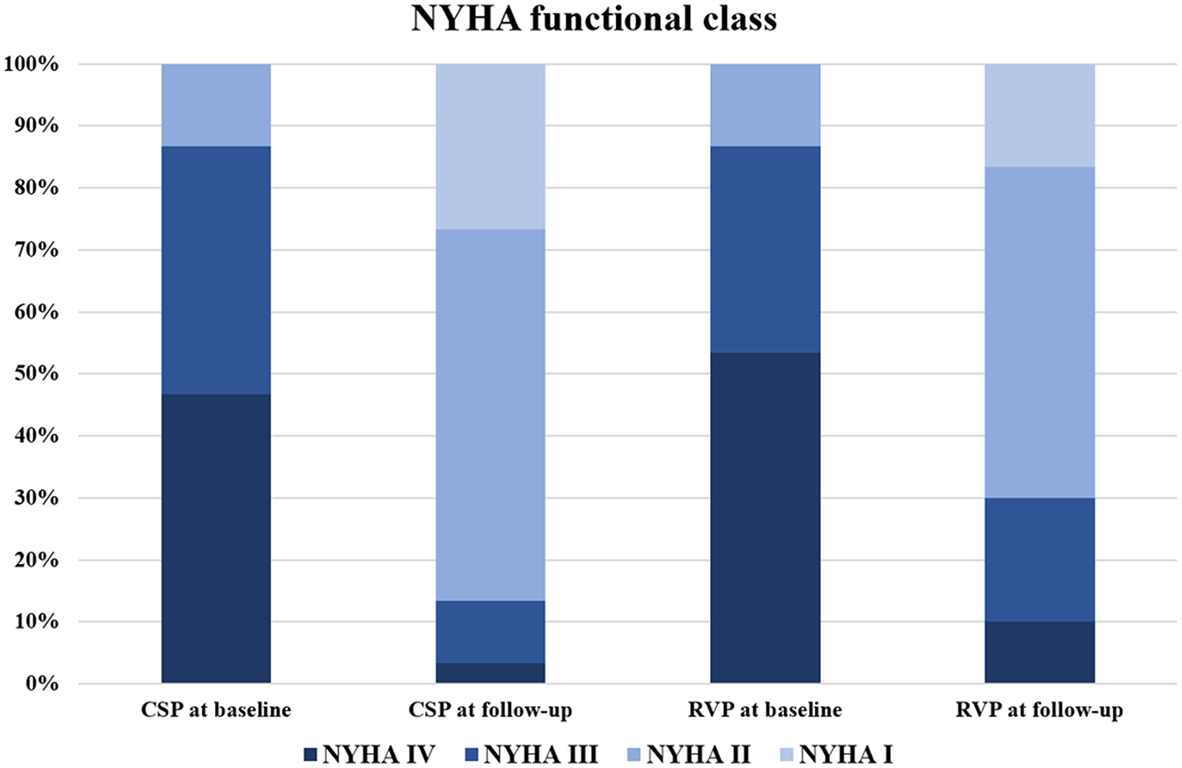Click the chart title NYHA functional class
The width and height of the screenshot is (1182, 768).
click(594, 18)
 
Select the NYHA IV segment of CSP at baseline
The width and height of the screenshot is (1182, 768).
click(216, 538)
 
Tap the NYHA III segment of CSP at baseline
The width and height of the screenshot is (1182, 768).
click(216, 270)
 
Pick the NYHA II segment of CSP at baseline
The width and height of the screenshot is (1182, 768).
click(216, 106)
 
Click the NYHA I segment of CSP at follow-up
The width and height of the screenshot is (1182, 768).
click(491, 146)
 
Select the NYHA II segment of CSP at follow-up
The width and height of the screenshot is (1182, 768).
click(491, 414)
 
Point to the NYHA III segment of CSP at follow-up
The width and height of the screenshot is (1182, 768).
click(491, 632)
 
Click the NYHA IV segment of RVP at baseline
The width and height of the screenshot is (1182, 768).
click(765, 518)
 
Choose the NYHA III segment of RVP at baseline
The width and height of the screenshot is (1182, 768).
click(765, 250)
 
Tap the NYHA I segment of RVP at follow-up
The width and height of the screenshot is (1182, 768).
click(1040, 116)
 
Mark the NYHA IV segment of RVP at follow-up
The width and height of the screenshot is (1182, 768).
click(1040, 652)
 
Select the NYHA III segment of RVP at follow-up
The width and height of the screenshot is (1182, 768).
click(1040, 559)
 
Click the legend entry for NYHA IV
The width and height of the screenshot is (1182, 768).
click(370, 754)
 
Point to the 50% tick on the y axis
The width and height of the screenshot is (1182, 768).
click(32, 374)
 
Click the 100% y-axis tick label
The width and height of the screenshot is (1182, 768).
click(32, 64)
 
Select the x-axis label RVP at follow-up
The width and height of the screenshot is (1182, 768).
click(1039, 709)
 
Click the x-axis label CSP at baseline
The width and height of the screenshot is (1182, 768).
click(216, 709)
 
